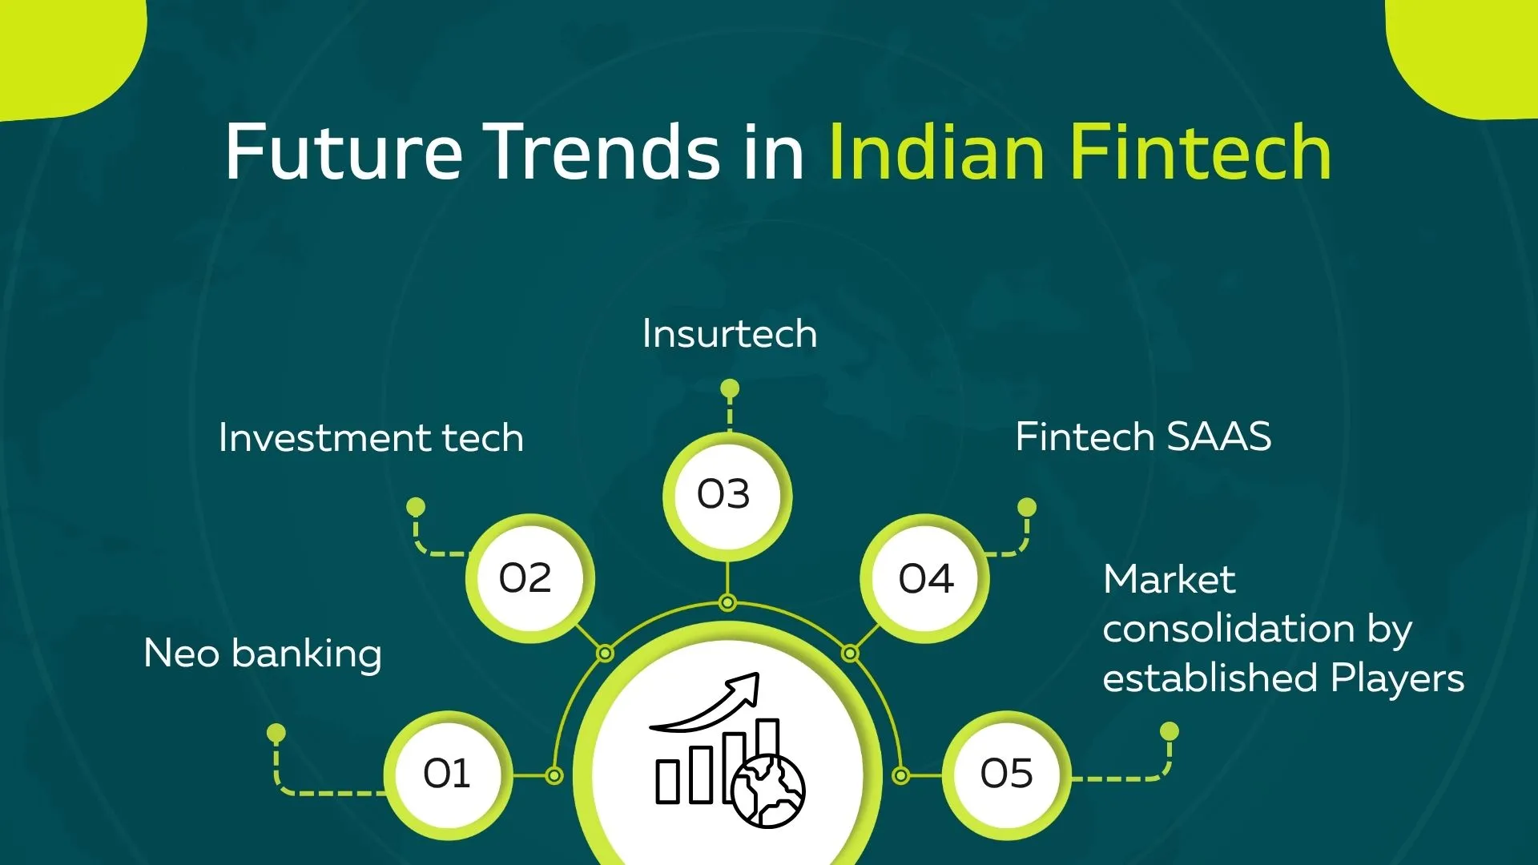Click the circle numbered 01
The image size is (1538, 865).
pos(447,774)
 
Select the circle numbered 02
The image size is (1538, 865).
pos(525,577)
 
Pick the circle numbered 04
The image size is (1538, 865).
pos(926,577)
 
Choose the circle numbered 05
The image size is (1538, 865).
pos(1006,774)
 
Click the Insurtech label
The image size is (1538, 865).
pos(729,334)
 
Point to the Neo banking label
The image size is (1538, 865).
pos(262,654)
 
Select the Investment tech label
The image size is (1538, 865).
pos(371,438)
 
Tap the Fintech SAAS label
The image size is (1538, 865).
pos(1143,437)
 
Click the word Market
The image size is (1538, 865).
pos(1169,580)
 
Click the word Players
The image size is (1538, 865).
pos(1397,679)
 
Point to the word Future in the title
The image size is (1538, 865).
pos(344,152)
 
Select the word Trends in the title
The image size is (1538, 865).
pos(605,152)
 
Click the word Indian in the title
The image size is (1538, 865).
pos(936,152)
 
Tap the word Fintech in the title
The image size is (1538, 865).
pos(1201,152)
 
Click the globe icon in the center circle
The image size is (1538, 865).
pos(768,791)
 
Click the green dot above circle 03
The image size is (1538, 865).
pos(729,389)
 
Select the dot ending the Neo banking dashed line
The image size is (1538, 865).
pos(276,733)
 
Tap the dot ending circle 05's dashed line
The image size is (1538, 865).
pos(1170,731)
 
